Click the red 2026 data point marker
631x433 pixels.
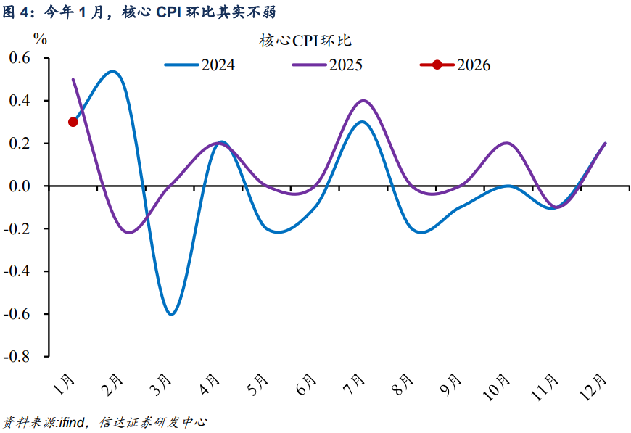(x=73, y=122)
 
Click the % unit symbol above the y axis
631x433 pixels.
(x=41, y=39)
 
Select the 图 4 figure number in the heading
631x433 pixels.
(x=18, y=12)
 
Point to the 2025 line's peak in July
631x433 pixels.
(x=363, y=101)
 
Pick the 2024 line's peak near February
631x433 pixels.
(x=112, y=71)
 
